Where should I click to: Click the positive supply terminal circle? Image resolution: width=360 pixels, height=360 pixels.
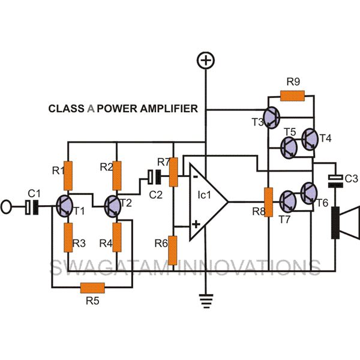[206, 61]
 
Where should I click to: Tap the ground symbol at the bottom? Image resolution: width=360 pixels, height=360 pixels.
[206, 301]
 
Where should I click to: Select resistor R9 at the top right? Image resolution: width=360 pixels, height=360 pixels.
[293, 96]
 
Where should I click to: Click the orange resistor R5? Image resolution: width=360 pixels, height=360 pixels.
[92, 287]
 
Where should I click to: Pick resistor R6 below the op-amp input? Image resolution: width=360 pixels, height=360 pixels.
[172, 250]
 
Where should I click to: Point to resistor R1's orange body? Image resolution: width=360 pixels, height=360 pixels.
[68, 176]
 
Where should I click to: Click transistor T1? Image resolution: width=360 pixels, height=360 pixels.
[65, 206]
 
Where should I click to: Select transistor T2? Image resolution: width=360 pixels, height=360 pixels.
[113, 206]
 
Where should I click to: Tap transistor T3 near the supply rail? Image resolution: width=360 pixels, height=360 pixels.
[272, 118]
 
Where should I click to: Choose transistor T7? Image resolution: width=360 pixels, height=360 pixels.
[288, 202]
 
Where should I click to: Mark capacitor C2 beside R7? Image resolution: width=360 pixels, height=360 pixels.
[154, 177]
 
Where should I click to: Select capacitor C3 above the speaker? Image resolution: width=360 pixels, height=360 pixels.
[335, 181]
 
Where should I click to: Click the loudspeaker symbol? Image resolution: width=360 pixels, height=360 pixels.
[346, 223]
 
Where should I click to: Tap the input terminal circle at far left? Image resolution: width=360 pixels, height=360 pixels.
[6, 207]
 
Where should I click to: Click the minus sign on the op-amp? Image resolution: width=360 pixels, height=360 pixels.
[196, 176]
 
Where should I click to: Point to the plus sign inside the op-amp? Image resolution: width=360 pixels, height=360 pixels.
[196, 224]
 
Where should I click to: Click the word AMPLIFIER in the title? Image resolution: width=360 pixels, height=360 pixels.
[169, 109]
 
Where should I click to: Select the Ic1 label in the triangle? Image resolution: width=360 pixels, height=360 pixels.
[205, 195]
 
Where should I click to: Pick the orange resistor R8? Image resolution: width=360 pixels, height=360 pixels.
[268, 202]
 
